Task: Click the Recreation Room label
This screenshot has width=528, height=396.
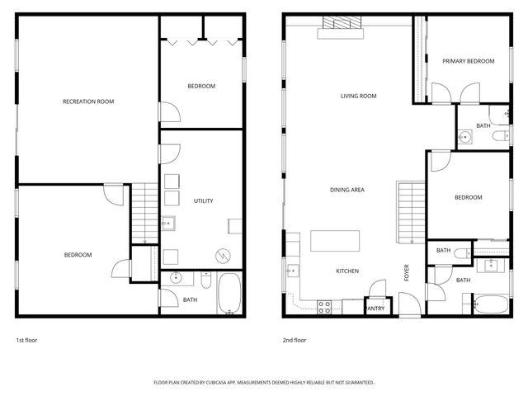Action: click(88, 101)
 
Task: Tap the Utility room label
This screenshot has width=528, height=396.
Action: click(204, 200)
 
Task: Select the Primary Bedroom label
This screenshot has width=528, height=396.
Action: click(468, 61)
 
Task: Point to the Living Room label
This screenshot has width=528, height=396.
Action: click(358, 96)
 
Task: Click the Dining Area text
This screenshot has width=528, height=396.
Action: click(346, 190)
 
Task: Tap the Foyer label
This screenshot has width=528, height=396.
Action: click(407, 273)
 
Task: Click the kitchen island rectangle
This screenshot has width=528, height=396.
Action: click(335, 241)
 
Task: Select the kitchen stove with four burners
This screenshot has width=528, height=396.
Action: click(324, 307)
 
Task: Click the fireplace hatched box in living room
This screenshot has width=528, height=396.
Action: click(342, 22)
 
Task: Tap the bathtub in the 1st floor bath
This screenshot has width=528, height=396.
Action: click(229, 293)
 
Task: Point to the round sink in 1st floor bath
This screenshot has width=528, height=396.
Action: click(176, 278)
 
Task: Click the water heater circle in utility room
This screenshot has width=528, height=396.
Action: click(223, 257)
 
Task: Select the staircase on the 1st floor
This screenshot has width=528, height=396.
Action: click(144, 213)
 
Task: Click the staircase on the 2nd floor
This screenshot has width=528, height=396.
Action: click(412, 212)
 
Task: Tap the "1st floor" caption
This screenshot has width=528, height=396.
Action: click(26, 340)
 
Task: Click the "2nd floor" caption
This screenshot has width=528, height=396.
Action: click(295, 340)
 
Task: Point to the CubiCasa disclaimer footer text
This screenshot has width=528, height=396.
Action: click(264, 383)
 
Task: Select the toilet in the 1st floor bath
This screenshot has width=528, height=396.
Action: click(206, 280)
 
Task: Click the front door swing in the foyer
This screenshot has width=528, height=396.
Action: click(410, 304)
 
